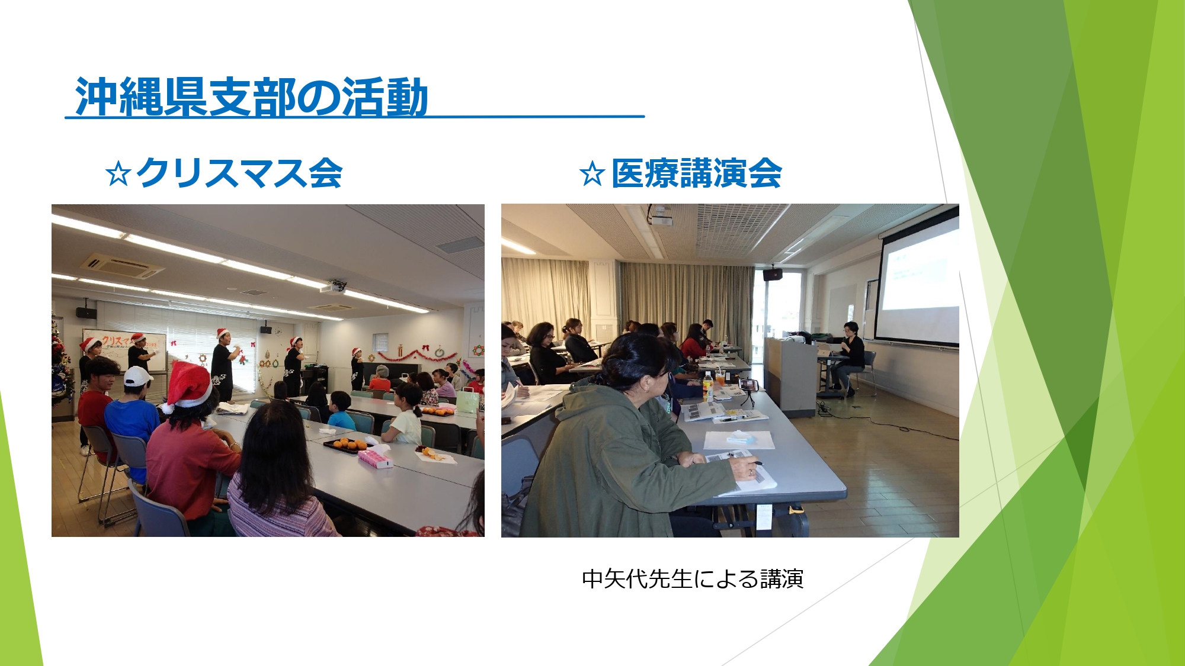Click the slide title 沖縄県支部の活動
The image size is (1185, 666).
pyautogui.click(x=251, y=97)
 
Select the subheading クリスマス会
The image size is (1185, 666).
pyautogui.click(x=239, y=173)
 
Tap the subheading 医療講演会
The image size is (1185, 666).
pyautogui.click(x=697, y=173)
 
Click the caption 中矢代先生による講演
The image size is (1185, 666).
pyautogui.click(x=693, y=579)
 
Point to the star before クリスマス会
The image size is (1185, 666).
pyautogui.click(x=118, y=174)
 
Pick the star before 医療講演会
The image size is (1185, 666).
pyautogui.click(x=592, y=174)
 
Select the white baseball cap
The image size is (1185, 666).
pyautogui.click(x=137, y=377)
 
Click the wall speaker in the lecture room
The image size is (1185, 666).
pyautogui.click(x=772, y=274)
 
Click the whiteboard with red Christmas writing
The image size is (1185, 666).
pyautogui.click(x=124, y=350)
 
